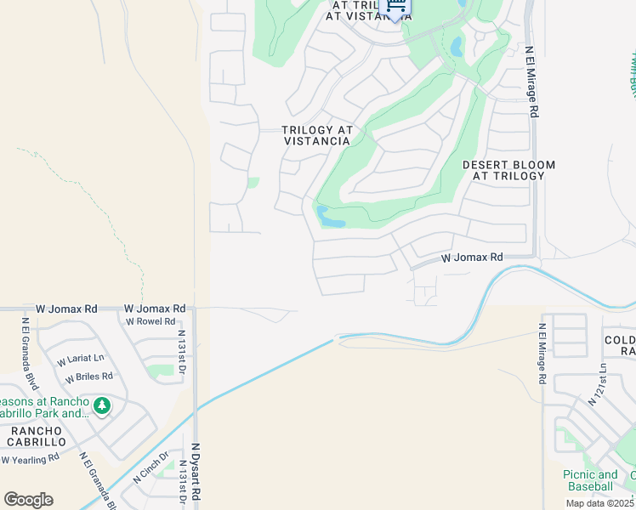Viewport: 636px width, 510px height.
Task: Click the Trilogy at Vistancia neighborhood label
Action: [x=316, y=136]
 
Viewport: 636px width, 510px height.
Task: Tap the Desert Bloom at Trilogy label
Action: [x=508, y=170]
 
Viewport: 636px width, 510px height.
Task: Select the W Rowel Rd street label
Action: [x=150, y=322]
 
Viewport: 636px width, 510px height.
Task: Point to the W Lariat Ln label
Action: [x=81, y=360]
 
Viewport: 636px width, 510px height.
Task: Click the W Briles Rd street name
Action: [x=89, y=376]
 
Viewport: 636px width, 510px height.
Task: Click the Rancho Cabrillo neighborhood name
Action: [x=37, y=436]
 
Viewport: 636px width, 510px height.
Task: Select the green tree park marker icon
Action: [x=102, y=406]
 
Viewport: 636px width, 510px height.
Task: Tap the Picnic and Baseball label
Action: [x=590, y=480]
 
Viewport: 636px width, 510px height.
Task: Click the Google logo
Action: [x=28, y=500]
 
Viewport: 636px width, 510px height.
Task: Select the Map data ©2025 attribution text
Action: [x=599, y=503]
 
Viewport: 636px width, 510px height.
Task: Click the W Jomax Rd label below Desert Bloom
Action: [x=472, y=257]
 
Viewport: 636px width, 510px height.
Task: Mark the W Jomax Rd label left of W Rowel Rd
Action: [x=66, y=309]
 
